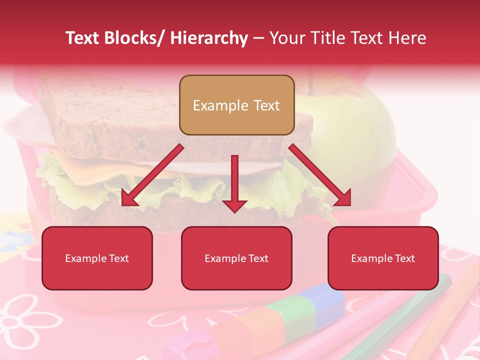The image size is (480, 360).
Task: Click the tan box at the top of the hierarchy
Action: point(236,105)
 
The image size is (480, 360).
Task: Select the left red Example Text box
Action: point(97,258)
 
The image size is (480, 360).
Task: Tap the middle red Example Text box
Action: point(236,258)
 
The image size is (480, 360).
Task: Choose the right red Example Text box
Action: point(383,258)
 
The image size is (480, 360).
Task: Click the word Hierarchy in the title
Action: point(209,38)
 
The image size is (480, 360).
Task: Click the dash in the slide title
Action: point(258,38)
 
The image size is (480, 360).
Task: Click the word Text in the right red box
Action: point(404,258)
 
